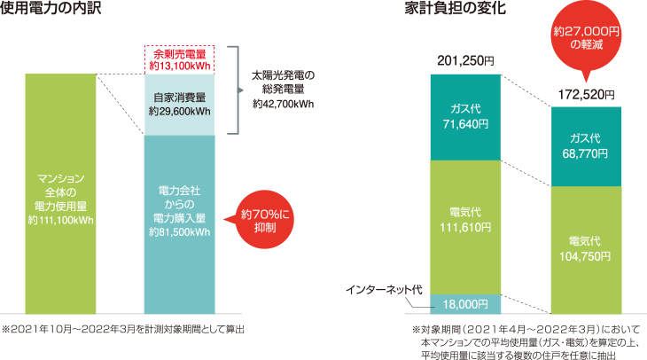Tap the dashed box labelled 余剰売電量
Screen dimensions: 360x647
click(180, 60)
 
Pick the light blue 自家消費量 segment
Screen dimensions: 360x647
click(180, 105)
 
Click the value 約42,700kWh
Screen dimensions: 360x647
click(283, 104)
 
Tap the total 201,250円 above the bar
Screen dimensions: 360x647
click(466, 61)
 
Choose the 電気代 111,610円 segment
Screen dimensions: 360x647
click(465, 226)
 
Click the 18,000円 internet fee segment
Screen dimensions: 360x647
click(465, 304)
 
